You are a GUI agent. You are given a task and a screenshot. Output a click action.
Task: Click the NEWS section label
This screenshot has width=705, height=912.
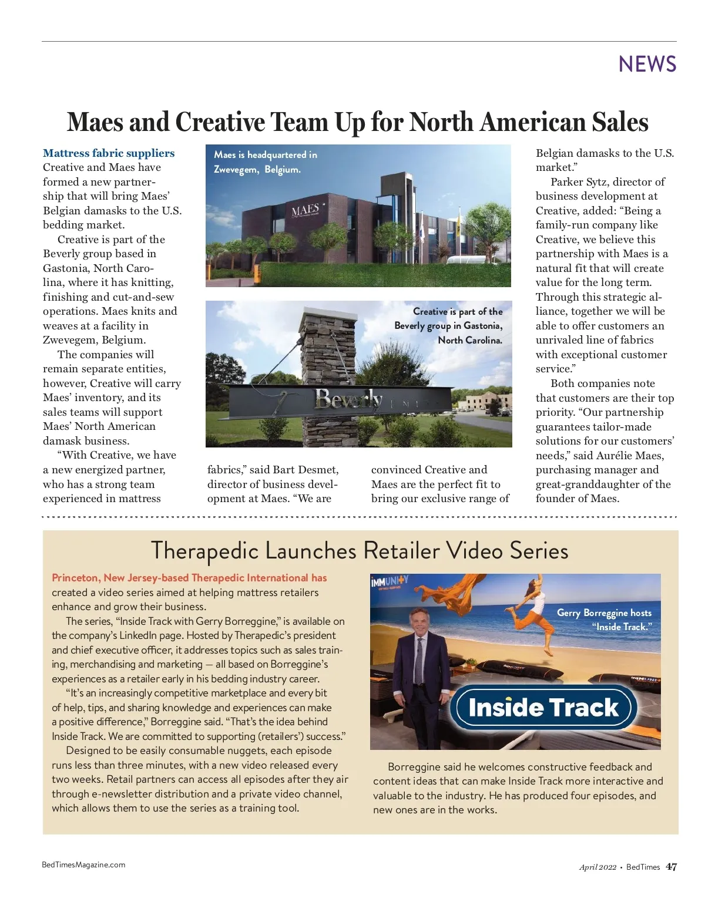(x=647, y=64)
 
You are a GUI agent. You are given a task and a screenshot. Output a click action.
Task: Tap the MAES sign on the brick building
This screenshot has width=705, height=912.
(x=305, y=210)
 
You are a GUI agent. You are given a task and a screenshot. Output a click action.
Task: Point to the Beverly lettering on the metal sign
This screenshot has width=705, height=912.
(x=348, y=399)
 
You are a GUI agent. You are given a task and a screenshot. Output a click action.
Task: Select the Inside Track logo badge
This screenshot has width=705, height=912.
(x=543, y=707)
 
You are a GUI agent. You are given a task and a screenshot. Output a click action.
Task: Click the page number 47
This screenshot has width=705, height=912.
(x=672, y=867)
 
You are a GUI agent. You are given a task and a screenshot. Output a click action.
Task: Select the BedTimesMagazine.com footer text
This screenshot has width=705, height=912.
(x=83, y=864)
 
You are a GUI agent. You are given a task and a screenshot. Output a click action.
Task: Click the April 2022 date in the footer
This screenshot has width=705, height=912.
(x=597, y=867)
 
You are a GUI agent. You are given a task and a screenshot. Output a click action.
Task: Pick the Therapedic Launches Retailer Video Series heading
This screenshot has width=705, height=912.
(x=360, y=551)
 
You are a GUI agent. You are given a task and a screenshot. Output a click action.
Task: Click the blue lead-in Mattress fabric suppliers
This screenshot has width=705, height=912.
(x=109, y=153)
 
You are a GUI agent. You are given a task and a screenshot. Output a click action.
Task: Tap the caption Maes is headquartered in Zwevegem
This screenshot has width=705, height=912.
(x=265, y=162)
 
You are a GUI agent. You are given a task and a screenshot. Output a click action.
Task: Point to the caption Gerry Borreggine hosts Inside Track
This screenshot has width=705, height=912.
(x=604, y=620)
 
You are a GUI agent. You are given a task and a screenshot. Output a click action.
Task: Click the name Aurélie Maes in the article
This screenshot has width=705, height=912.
(x=630, y=456)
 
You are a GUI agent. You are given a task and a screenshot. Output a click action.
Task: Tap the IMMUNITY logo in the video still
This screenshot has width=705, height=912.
(x=390, y=583)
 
